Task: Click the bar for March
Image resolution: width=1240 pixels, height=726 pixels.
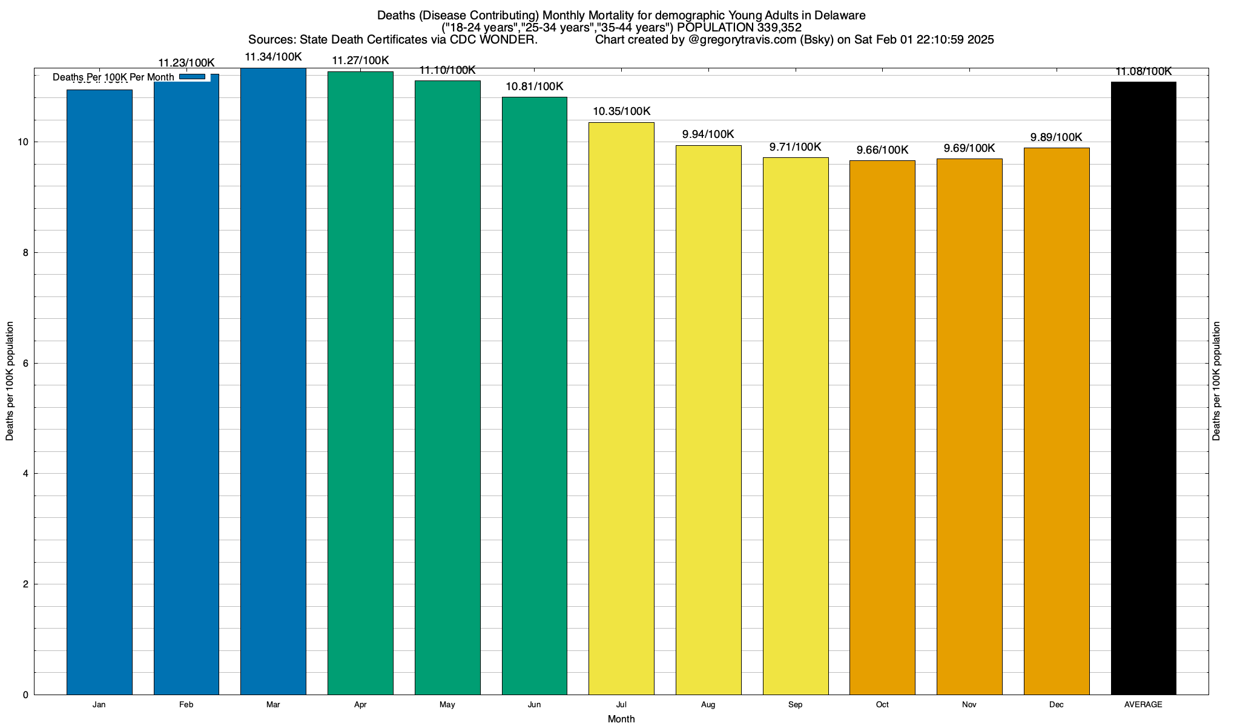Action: [273, 381]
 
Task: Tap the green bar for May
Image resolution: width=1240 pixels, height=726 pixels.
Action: [447, 387]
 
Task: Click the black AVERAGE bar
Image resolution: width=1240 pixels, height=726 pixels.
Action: [1143, 388]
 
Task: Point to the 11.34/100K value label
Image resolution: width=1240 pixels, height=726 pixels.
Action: [273, 57]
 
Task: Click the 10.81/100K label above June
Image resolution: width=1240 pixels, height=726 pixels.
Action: [535, 87]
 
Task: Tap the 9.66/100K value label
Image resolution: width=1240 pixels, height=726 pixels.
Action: [882, 150]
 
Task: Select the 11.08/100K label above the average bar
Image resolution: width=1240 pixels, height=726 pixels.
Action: [1143, 71]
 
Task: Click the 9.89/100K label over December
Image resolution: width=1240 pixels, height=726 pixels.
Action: [1056, 137]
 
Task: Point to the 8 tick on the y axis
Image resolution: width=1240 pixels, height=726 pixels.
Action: [25, 253]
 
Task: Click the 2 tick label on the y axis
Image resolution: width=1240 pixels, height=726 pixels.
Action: [25, 584]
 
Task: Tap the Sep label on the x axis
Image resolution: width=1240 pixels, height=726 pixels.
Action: [795, 705]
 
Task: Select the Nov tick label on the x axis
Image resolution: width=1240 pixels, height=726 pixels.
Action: [969, 705]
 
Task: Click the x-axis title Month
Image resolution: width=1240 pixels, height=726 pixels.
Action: [621, 719]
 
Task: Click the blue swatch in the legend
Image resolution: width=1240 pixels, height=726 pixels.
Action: [193, 77]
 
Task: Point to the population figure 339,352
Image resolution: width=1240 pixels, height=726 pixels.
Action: [779, 28]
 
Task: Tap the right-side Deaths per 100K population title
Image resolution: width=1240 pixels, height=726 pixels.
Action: [1216, 381]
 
